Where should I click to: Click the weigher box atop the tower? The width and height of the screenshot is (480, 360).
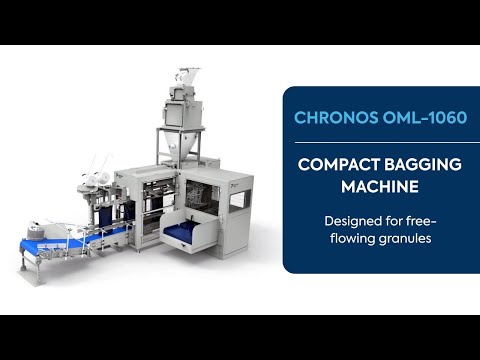tap(181, 109)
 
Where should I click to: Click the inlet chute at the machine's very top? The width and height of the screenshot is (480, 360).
tap(186, 76)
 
